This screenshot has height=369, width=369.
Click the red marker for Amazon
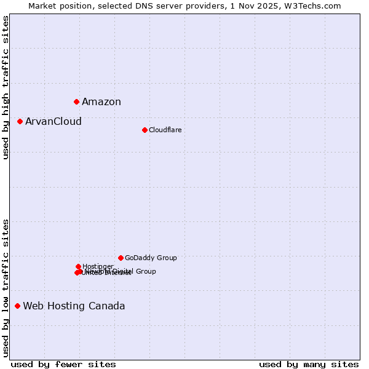pyautogui.click(x=76, y=101)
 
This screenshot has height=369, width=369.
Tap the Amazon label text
pyautogui.click(x=101, y=102)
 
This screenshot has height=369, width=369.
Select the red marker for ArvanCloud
pyautogui.click(x=20, y=122)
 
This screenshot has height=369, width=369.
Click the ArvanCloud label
pyautogui.click(x=54, y=122)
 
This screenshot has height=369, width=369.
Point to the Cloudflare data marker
pyautogui.click(x=145, y=130)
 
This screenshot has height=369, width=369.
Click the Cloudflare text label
pyautogui.click(x=165, y=130)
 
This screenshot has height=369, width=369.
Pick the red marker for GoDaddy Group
pyautogui.click(x=121, y=258)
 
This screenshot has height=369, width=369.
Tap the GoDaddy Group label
pyautogui.click(x=151, y=258)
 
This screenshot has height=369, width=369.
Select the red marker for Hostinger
pyautogui.click(x=78, y=267)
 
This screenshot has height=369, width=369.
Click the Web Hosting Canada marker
pyautogui.click(x=18, y=306)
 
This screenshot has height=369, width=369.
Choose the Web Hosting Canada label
pyautogui.click(x=74, y=306)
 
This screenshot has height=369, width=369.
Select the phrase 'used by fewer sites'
pyautogui.click(x=63, y=365)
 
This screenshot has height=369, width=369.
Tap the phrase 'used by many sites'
pyautogui.click(x=309, y=365)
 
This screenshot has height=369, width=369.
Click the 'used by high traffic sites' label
pyautogui.click(x=6, y=87)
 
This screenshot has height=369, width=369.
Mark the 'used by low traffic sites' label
pyautogui.click(x=6, y=288)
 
